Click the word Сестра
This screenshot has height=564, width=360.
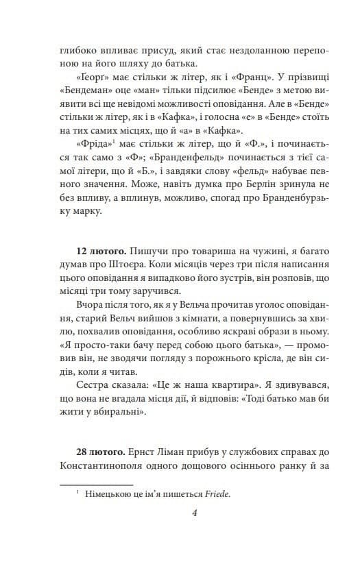coord(94,384)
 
